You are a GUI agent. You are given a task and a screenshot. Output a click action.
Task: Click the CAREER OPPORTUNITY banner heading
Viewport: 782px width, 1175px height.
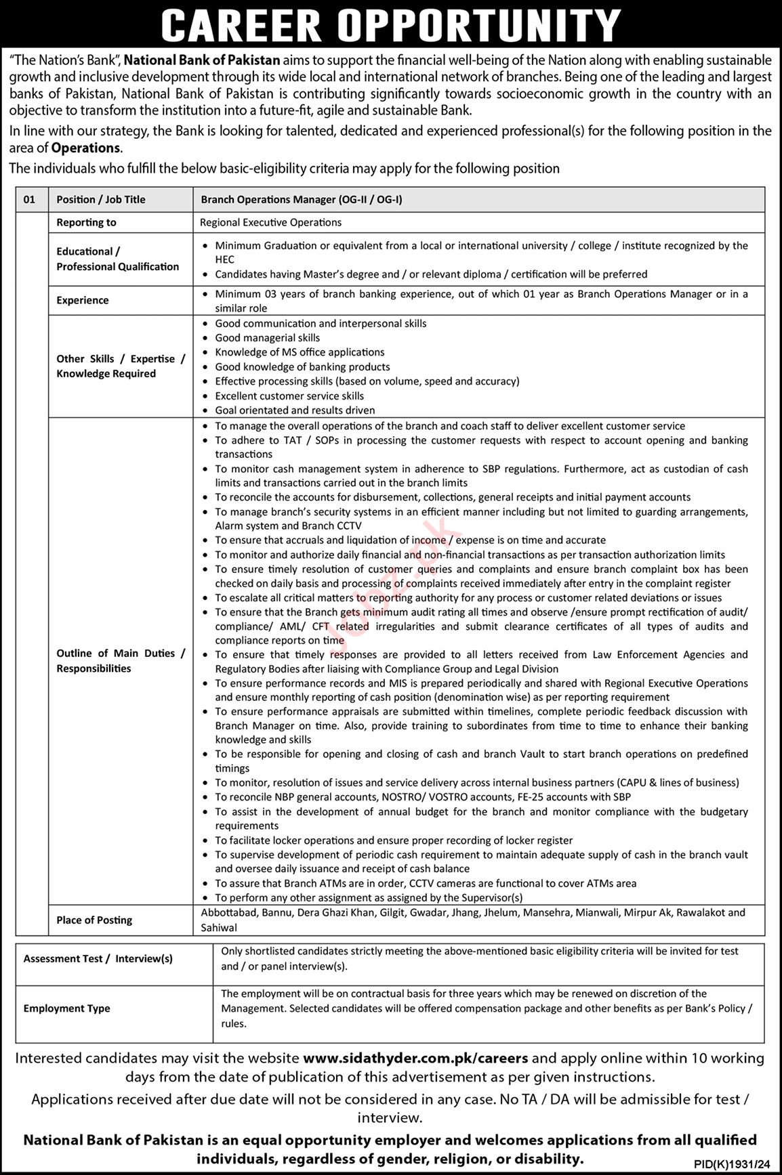pos(391,25)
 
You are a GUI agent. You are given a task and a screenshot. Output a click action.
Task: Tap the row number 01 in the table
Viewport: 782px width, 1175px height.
pos(28,200)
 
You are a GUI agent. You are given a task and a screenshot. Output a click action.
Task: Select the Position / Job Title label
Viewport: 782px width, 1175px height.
pos(101,200)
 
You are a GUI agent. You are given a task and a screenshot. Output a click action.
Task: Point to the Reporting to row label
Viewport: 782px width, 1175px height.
pos(86,222)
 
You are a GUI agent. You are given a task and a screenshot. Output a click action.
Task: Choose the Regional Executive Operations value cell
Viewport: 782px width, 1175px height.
pos(271,222)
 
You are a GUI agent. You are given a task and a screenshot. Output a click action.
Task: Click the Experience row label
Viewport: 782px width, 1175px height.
pos(83,300)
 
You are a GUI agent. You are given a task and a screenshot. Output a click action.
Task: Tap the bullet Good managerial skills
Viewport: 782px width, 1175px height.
pos(268,338)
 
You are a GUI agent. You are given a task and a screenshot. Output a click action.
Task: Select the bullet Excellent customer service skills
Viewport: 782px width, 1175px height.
pos(289,396)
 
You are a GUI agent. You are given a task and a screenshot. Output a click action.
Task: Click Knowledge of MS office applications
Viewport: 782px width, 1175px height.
pos(300,352)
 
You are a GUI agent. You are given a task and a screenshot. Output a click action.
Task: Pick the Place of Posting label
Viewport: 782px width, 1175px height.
pos(94,920)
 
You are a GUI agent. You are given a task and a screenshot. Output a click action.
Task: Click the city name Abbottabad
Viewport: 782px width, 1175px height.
pos(228,912)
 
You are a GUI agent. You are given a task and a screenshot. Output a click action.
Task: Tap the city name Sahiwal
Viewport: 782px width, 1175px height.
pos(219,927)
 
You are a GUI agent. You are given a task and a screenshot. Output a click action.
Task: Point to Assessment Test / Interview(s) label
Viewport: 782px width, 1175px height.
pos(98,958)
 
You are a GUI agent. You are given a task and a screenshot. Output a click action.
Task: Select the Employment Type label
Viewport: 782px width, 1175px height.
pos(66,1008)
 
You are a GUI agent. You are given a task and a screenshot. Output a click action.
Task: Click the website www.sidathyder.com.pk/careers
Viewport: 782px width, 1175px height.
pos(415,1058)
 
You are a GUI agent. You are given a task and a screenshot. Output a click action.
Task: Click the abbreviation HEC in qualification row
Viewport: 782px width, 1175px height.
pos(225,259)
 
